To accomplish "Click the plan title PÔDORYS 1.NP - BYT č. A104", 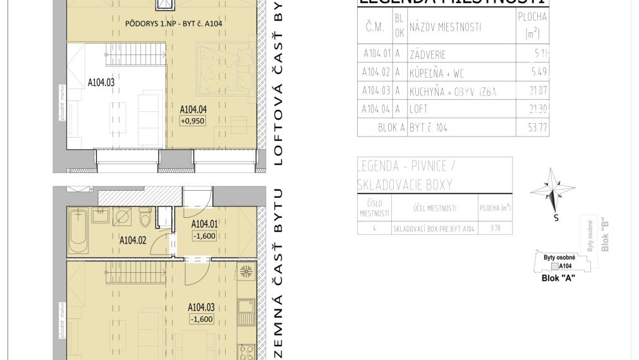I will (173, 23).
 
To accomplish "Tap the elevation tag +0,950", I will (192, 121).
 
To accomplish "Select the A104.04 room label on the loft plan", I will (193, 109).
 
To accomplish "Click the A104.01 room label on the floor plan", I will (204, 224).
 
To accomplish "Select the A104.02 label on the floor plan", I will (133, 240).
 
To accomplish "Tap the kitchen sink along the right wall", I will (246, 308).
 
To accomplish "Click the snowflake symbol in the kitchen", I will (246, 272).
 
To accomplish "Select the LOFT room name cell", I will (419, 109).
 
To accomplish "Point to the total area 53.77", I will (538, 128).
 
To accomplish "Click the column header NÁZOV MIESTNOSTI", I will (444, 27).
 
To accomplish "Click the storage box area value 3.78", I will (495, 228).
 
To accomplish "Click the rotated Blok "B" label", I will (605, 235).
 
